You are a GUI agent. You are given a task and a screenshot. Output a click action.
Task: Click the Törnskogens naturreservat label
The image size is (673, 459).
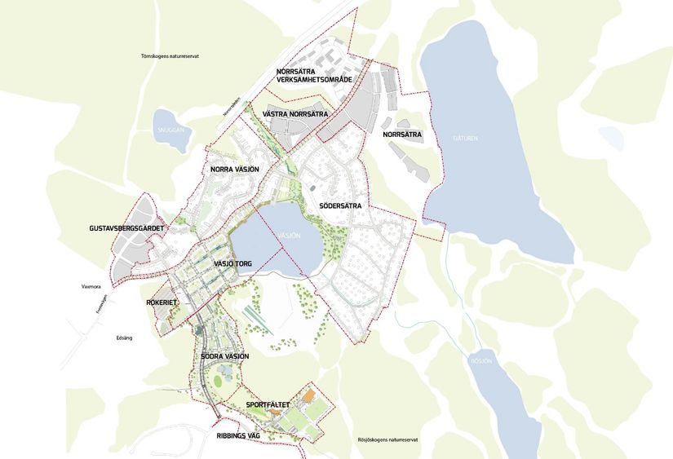(170, 56)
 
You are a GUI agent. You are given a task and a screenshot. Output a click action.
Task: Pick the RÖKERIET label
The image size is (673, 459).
(162, 302)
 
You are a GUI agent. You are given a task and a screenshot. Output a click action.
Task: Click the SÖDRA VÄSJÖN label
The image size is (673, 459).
(224, 356)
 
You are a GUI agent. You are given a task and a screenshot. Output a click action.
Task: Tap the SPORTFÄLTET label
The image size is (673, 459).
(267, 404)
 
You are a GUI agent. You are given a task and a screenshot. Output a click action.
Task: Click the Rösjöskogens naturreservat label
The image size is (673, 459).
(387, 440)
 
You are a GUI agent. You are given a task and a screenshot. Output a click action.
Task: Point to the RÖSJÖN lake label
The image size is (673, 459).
(483, 357)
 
